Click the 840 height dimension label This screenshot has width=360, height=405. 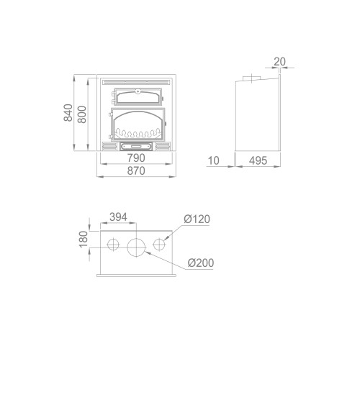click(68, 114)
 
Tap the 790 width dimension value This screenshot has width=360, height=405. click(136, 158)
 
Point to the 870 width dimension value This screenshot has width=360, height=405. click(136, 170)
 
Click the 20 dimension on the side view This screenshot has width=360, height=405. click(279, 62)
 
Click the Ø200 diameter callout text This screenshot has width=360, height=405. click(200, 263)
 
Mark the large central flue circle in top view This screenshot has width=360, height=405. click(136, 246)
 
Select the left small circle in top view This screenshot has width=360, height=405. click(113, 246)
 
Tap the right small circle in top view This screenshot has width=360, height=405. click(159, 246)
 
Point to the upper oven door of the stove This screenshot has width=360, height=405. click(136, 96)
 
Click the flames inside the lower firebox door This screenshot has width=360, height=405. click(136, 134)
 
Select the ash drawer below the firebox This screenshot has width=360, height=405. click(136, 146)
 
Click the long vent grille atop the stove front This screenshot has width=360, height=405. click(136, 81)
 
